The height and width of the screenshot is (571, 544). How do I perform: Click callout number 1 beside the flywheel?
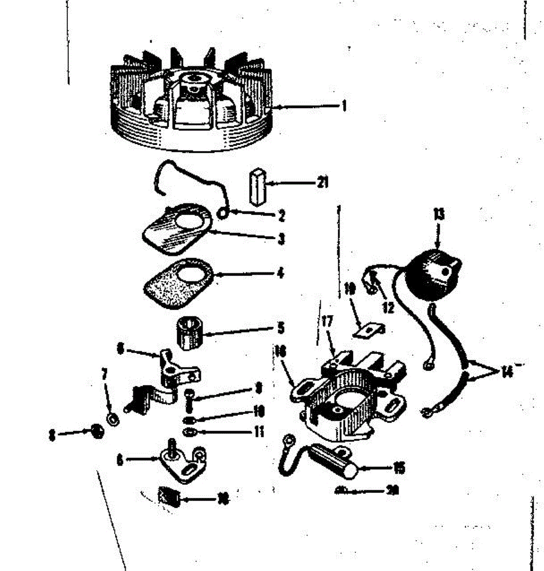click(x=344, y=106)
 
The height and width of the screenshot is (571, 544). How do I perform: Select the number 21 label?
click(x=323, y=182)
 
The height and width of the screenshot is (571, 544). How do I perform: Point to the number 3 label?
click(x=281, y=238)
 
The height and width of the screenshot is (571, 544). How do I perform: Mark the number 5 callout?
click(x=281, y=328)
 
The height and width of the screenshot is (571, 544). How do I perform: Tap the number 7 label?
click(x=104, y=374)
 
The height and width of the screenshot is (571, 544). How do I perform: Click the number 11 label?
click(x=259, y=432)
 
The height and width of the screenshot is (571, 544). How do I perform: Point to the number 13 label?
click(x=439, y=214)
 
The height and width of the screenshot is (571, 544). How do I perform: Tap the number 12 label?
click(x=388, y=307)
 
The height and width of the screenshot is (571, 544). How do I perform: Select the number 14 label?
click(x=506, y=372)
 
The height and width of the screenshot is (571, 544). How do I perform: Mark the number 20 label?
click(x=392, y=490)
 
